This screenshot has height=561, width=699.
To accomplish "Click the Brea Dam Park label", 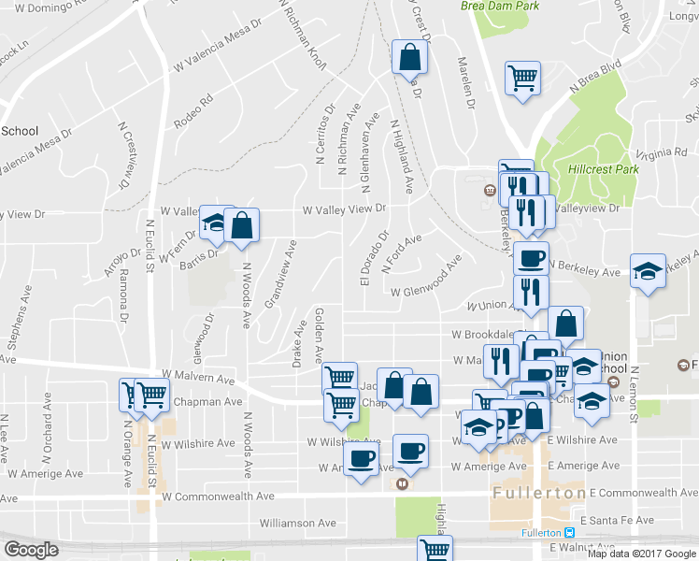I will (x=500, y=6).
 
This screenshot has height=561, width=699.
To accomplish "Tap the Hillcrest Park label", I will (x=602, y=170).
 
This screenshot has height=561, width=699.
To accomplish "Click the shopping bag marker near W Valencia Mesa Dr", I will (x=409, y=57).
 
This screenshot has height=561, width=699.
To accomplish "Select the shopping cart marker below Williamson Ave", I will (x=435, y=549).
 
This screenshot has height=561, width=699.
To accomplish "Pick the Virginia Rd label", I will (x=653, y=153).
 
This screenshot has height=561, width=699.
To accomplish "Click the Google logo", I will (x=31, y=550).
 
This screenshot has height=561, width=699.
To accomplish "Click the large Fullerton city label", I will (x=537, y=493).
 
